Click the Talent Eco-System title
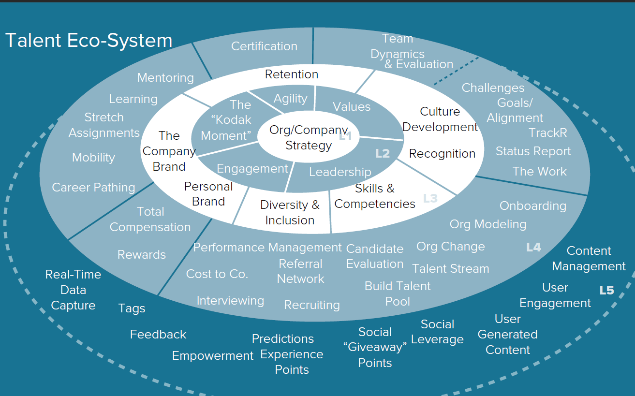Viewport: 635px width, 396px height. point(89,41)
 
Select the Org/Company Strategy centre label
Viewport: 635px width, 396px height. point(309,138)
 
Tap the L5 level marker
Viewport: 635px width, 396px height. point(606,290)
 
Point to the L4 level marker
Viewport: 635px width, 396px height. point(533,248)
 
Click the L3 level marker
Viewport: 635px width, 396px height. point(430,198)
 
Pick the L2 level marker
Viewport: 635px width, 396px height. point(383,154)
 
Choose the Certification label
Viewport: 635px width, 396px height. point(264,46)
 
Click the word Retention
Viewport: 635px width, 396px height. point(292,74)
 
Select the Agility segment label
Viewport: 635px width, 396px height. point(290,99)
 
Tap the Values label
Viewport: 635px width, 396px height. point(352,107)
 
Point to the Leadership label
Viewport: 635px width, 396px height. point(340,172)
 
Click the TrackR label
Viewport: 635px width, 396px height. point(547,132)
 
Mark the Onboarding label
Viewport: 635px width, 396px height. point(532,206)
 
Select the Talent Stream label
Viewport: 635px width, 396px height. point(450,269)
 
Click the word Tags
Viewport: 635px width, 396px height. point(132,308)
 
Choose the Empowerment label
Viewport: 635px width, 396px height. point(212,356)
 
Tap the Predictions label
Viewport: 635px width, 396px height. point(283,339)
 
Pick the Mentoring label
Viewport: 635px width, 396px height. point(165,78)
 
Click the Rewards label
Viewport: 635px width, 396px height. point(142,255)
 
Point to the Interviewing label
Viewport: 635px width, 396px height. point(230,301)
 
